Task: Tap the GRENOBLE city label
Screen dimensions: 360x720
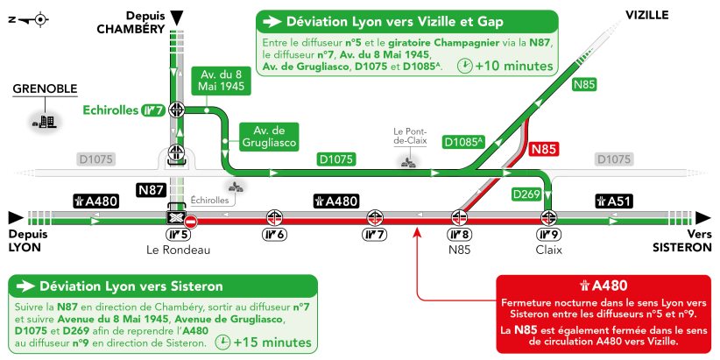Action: [x=45, y=88]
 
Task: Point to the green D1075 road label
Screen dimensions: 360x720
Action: [x=336, y=159]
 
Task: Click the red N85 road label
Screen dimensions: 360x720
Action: [x=544, y=149]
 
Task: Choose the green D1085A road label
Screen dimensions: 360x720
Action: [x=464, y=141]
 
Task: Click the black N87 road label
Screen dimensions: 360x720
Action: [x=152, y=188]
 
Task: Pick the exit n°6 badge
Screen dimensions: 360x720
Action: [x=275, y=234]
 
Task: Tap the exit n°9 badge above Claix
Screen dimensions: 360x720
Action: [x=548, y=234]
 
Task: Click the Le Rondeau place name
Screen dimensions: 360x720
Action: [x=179, y=250]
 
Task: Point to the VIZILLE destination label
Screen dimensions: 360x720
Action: [x=647, y=15]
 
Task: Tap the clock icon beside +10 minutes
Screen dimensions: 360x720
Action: [x=464, y=66]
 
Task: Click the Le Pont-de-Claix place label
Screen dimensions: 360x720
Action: [x=409, y=136]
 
